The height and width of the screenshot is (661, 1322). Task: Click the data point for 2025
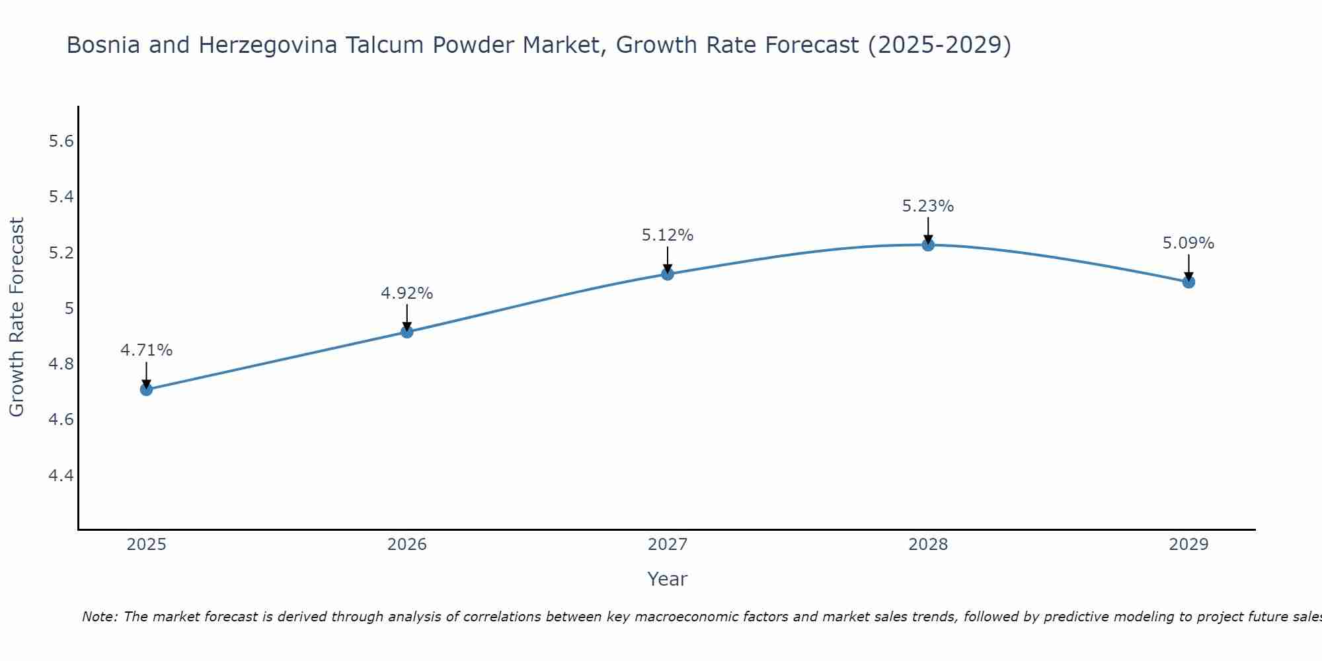(x=147, y=389)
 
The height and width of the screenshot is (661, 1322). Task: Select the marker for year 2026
(x=407, y=332)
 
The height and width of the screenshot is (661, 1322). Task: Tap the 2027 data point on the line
(x=668, y=274)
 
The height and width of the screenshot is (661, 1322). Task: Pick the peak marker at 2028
(x=928, y=245)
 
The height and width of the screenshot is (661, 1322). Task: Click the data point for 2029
(x=1188, y=282)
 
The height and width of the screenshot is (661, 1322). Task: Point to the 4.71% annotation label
(x=147, y=350)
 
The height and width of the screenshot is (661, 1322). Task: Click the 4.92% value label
(x=407, y=293)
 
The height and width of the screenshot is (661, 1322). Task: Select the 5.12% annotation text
(x=668, y=235)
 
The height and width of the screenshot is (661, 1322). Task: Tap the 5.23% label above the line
(x=928, y=206)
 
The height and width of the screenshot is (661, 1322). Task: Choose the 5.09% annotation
(x=1188, y=243)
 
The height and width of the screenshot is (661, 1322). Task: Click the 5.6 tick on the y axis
(x=61, y=141)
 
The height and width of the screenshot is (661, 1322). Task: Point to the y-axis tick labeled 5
(x=69, y=309)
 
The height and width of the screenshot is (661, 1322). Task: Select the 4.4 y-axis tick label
(x=61, y=476)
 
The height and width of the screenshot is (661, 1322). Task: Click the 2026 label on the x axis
(x=407, y=545)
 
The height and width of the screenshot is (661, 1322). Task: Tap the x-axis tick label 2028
(x=928, y=545)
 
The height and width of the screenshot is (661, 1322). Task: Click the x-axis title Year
(x=668, y=579)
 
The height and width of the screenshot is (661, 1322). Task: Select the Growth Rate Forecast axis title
(x=17, y=317)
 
